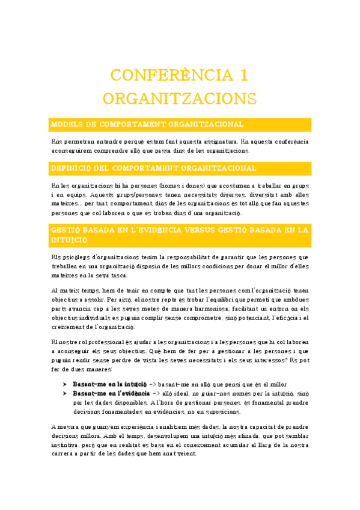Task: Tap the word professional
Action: tap(110, 343)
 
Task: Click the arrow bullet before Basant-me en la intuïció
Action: tap(65, 384)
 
